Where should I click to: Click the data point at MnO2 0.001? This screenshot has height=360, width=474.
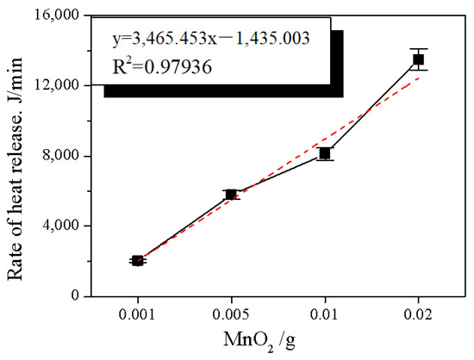pos(138,260)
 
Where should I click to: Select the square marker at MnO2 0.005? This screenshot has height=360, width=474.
pos(231,195)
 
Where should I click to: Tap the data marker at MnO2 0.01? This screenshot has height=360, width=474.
pos(325,153)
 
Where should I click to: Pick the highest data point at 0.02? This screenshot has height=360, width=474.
pos(418,59)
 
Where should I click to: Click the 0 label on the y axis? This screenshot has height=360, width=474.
pos(75,295)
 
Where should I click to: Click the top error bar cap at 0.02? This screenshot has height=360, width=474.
pos(418,49)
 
